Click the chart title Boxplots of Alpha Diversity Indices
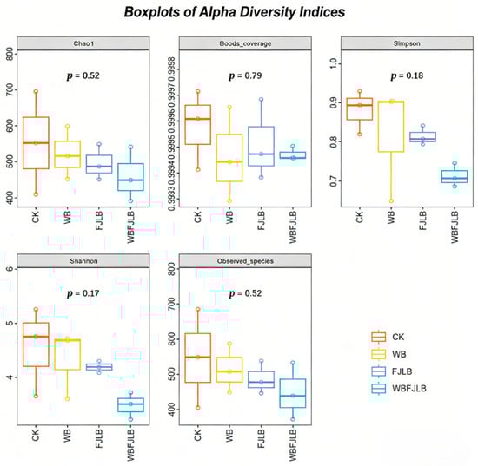(238, 12)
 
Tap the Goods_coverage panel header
(243, 44)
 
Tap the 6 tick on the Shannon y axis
(10, 269)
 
